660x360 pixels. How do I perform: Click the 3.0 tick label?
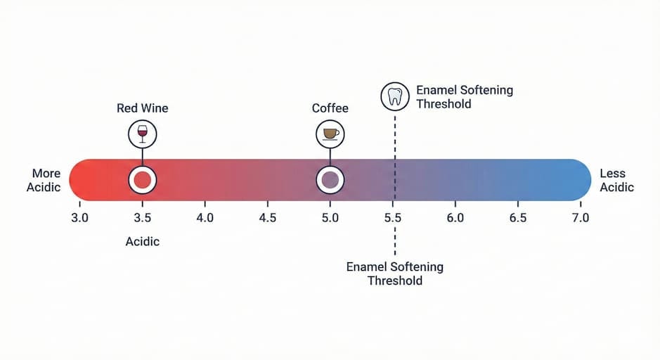[80, 218]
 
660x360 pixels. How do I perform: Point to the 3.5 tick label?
[143, 218]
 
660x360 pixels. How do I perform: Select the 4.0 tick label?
[205, 218]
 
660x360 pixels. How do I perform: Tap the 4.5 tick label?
[268, 218]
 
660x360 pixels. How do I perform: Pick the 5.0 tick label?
[330, 218]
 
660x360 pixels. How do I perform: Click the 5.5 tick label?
[393, 218]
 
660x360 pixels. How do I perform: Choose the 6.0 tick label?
[455, 218]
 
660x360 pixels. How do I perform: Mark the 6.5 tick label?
[518, 218]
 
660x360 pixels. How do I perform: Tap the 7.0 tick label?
[580, 218]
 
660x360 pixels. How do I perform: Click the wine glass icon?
[143, 133]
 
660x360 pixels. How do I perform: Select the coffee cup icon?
[330, 133]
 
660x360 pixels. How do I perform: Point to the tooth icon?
[395, 97]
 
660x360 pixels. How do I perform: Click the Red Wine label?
[143, 108]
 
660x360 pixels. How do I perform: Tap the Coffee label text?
[330, 108]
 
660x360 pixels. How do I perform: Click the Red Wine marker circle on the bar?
[143, 180]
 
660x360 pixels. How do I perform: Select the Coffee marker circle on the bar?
[329, 180]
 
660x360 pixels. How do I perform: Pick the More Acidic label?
[44, 180]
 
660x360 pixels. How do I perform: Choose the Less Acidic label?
[616, 180]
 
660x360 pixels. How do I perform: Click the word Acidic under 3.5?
[143, 242]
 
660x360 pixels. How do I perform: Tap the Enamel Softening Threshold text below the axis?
[395, 274]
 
